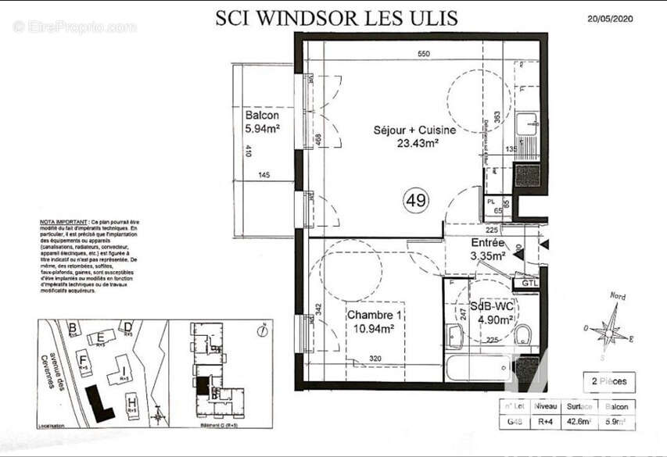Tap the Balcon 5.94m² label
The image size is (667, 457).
coord(261,122)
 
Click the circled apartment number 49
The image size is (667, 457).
coord(416,201)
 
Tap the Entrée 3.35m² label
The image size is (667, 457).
coord(487,248)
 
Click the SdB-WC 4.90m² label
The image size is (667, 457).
coord(492,312)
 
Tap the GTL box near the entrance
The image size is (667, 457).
coord(530,283)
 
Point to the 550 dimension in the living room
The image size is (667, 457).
coord(423,54)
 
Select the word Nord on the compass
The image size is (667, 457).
coord(617,296)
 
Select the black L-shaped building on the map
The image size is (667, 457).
coord(99,402)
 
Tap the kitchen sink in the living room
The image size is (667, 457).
coord(529,123)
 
